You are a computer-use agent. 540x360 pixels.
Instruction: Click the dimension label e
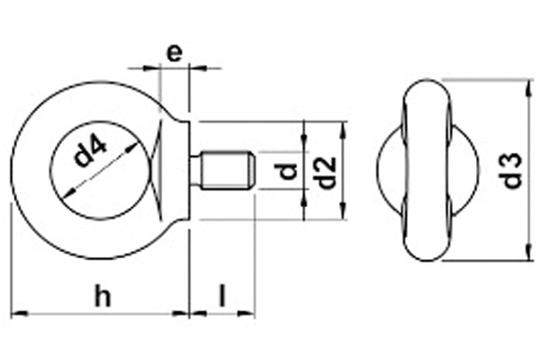[175, 51]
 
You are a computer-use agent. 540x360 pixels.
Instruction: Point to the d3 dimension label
[512, 171]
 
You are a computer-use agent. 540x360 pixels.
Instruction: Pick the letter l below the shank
[222, 296]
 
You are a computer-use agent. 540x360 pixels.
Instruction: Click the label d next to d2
[287, 171]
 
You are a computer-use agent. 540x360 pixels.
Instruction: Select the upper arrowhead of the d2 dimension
[342, 128]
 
